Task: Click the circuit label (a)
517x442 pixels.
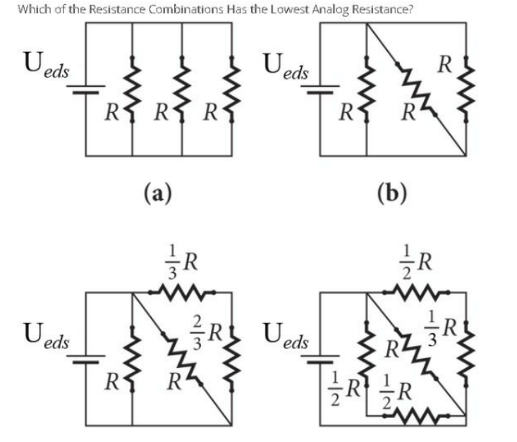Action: tap(158, 193)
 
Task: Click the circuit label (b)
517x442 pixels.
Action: tap(392, 193)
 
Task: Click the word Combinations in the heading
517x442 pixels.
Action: tap(186, 9)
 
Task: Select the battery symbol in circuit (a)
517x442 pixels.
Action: tap(86, 89)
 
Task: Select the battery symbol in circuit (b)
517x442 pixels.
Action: tap(320, 89)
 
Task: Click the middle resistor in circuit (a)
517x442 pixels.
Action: tap(182, 89)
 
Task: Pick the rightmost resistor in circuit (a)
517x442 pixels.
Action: tap(232, 89)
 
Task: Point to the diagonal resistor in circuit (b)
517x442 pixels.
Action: tap(416, 89)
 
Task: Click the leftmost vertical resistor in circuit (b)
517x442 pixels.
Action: tap(366, 89)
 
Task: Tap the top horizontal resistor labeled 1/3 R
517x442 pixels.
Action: tap(182, 292)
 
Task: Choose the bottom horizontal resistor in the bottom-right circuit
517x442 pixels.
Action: tap(416, 416)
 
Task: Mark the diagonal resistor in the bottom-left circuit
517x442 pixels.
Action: tap(182, 359)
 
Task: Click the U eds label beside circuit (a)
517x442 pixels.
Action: tap(46, 65)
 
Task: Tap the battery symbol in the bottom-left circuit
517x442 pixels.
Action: tap(86, 359)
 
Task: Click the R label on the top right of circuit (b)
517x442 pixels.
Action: tap(444, 64)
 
